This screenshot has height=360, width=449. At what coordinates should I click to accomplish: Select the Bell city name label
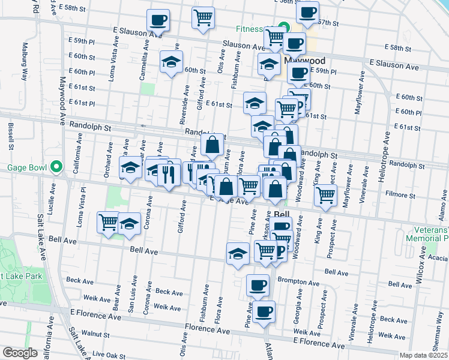pos(282,214)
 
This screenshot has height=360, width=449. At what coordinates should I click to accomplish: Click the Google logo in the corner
pos(20,353)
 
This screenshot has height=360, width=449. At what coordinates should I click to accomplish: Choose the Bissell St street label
pos(11,136)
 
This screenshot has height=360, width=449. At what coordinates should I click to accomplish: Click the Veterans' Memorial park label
pos(430,234)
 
